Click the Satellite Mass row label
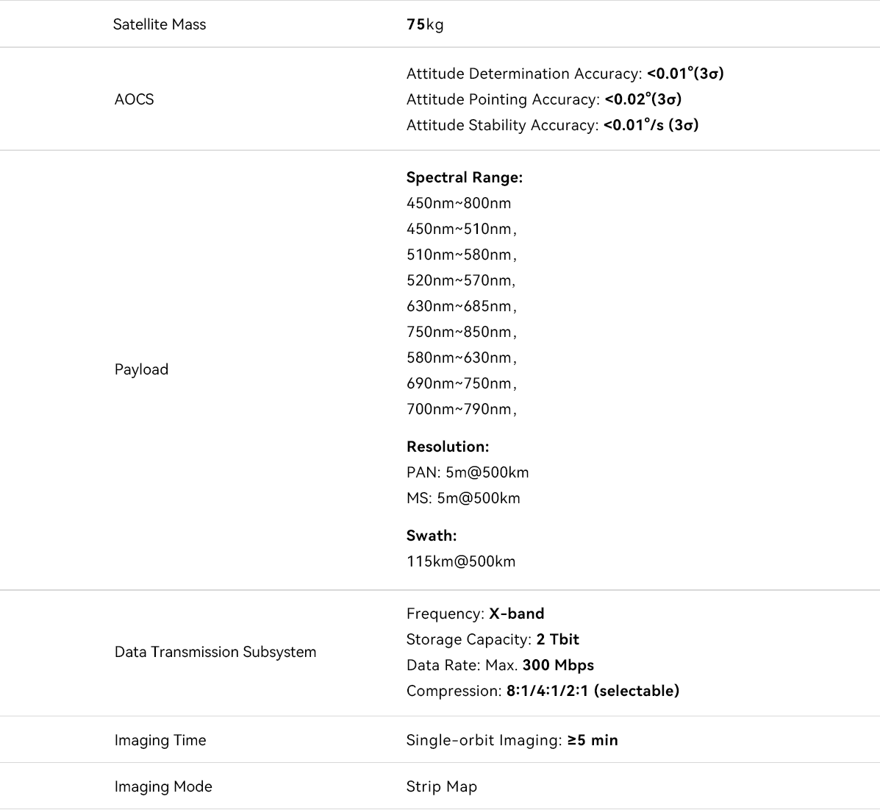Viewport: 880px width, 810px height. point(160,24)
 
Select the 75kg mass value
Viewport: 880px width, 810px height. point(425,24)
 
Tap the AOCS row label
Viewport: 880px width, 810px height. point(134,99)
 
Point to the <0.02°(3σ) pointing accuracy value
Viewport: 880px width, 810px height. point(643,99)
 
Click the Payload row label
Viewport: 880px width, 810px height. point(141,369)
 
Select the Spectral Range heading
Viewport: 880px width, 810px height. point(465,177)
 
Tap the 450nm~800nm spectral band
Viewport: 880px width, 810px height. point(459,203)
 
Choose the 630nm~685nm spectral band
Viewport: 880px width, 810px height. point(460,306)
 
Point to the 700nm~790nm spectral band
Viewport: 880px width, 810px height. point(460,409)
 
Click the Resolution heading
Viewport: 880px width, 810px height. point(448,447)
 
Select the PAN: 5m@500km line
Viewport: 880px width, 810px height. point(468,472)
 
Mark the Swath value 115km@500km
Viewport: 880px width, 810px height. point(461,561)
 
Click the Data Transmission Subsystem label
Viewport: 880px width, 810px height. point(215,652)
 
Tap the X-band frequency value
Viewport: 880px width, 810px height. point(517,614)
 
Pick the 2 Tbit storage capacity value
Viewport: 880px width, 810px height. point(558,639)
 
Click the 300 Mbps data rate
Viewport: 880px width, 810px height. point(558,665)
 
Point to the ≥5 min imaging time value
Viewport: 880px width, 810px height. point(593,740)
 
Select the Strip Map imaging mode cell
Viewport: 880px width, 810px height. point(442,786)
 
